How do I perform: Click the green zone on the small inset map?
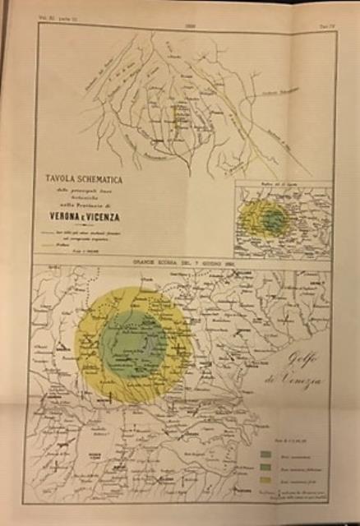pos(271,219)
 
